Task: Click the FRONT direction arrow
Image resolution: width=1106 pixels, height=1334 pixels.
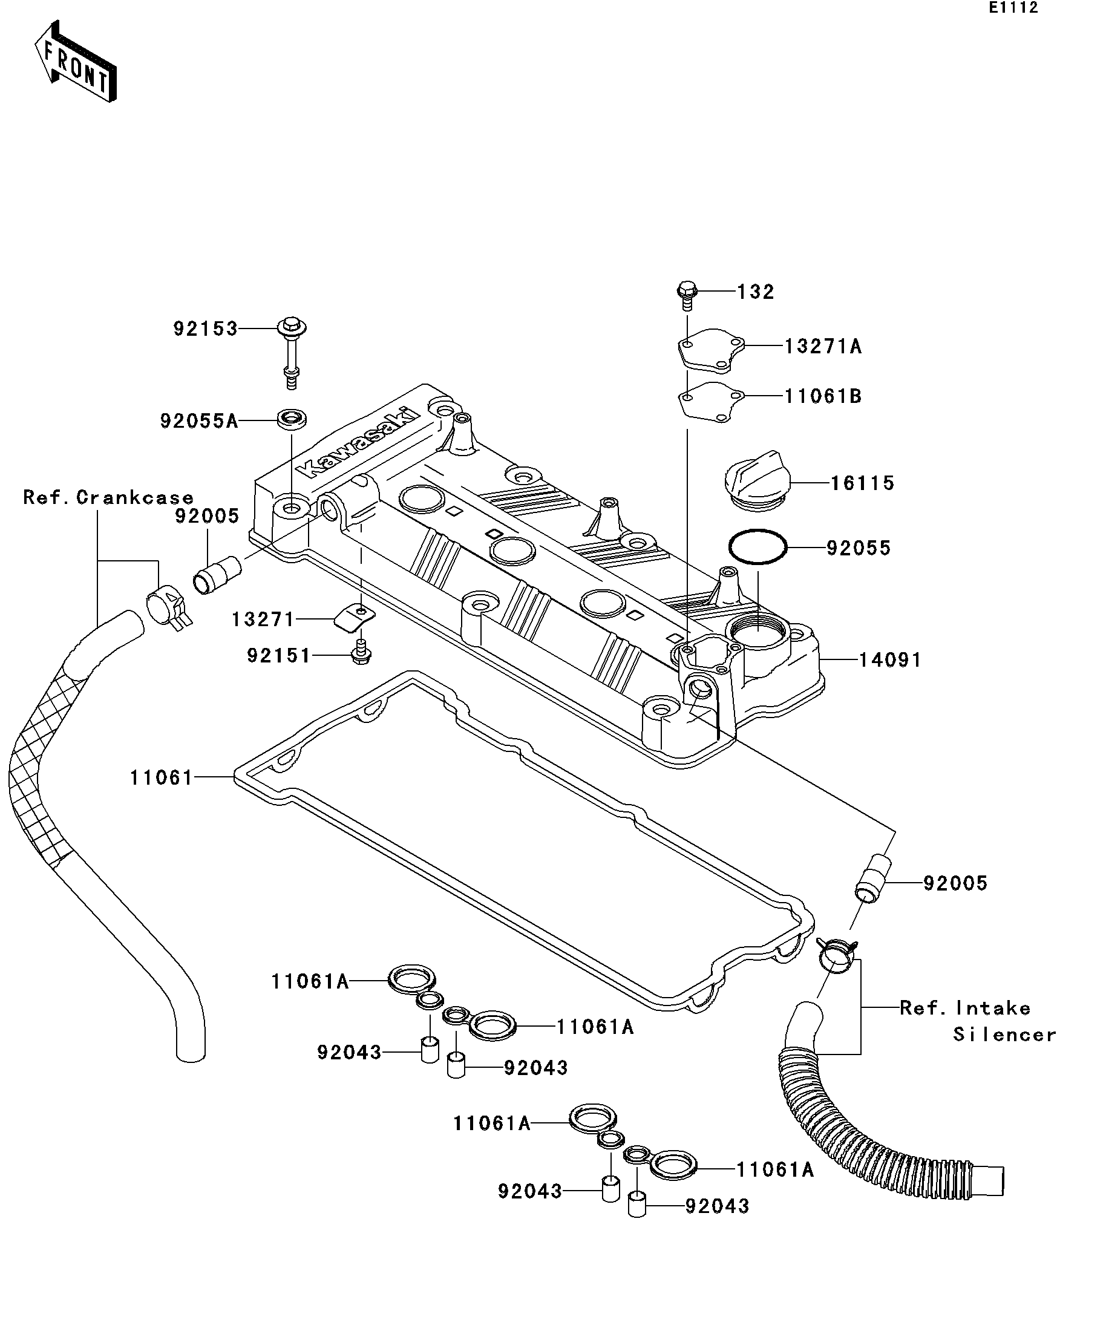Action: pyautogui.click(x=75, y=62)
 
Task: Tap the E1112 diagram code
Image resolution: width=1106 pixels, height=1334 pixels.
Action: pyautogui.click(x=1013, y=8)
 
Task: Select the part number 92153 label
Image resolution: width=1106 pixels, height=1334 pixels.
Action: pyautogui.click(x=205, y=329)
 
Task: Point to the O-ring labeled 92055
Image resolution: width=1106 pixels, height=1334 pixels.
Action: pyautogui.click(x=758, y=546)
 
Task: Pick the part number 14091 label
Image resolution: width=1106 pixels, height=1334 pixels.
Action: pyautogui.click(x=890, y=660)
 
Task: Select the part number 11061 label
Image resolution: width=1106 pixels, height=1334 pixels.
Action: pyautogui.click(x=162, y=777)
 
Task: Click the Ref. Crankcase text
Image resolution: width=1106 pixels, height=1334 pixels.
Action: pyautogui.click(x=108, y=497)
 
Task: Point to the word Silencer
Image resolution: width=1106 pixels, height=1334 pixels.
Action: pyautogui.click(x=1004, y=1034)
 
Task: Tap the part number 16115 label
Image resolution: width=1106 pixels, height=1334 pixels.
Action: pyautogui.click(x=862, y=483)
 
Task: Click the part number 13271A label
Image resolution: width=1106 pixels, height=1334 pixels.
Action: pyautogui.click(x=823, y=347)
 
